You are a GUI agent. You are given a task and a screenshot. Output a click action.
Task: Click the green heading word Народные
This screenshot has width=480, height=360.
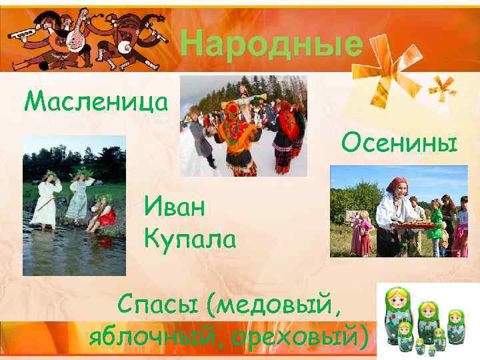272,45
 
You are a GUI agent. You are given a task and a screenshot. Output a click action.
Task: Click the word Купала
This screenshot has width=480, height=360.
189,238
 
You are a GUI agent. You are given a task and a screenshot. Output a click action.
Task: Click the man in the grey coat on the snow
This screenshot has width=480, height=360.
200,137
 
